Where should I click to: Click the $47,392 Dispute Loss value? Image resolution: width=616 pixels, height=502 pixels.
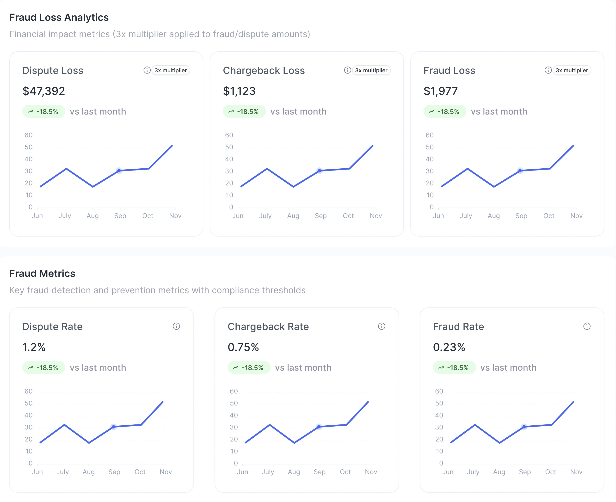pyautogui.click(x=44, y=91)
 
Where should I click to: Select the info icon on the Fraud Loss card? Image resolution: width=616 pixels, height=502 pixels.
pyautogui.click(x=548, y=70)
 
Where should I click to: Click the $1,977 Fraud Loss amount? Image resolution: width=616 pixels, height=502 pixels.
pyautogui.click(x=440, y=91)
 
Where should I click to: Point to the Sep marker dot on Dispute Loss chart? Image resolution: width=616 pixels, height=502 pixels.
pyautogui.click(x=119, y=171)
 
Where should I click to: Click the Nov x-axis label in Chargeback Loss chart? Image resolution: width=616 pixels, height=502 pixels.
pyautogui.click(x=376, y=216)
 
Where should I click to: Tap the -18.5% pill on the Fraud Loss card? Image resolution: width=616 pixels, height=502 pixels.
pyautogui.click(x=444, y=112)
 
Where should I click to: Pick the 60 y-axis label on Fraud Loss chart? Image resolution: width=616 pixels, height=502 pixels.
pyautogui.click(x=430, y=135)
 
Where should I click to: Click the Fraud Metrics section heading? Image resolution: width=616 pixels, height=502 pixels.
pyautogui.click(x=42, y=273)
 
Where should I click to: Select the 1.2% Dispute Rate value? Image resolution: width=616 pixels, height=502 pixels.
pyautogui.click(x=34, y=347)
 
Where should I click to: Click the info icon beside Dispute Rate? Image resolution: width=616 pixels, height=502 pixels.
pyautogui.click(x=176, y=326)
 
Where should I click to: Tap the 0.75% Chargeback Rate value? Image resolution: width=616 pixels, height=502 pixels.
pyautogui.click(x=243, y=347)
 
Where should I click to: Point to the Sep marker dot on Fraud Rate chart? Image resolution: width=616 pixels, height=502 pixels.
pyautogui.click(x=524, y=427)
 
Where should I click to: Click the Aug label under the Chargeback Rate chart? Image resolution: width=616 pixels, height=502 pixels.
pyautogui.click(x=294, y=472)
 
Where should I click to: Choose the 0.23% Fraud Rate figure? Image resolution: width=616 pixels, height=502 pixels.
pyautogui.click(x=449, y=347)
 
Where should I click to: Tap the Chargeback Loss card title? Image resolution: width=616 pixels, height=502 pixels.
pyautogui.click(x=264, y=71)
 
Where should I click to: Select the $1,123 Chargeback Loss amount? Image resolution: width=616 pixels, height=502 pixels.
pyautogui.click(x=239, y=91)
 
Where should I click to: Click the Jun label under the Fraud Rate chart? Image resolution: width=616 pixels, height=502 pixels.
pyautogui.click(x=448, y=472)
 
